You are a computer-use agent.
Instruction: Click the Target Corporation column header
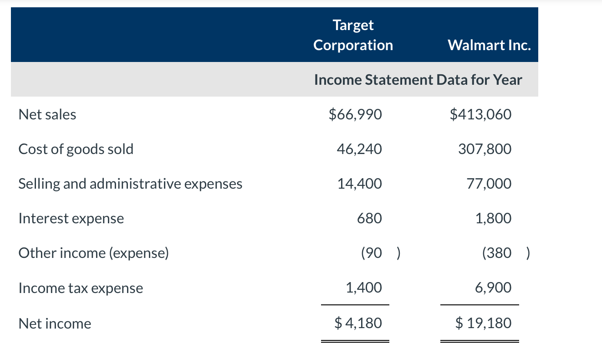pyautogui.click(x=353, y=35)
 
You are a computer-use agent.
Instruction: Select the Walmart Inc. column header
pyautogui.click(x=489, y=45)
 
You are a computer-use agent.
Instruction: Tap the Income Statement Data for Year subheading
pyautogui.click(x=418, y=80)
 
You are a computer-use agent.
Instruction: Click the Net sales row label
pyautogui.click(x=47, y=114)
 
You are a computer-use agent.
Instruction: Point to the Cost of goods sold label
pyautogui.click(x=76, y=149)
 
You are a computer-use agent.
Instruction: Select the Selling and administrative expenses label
pyautogui.click(x=130, y=184)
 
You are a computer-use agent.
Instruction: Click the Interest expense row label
pyautogui.click(x=71, y=218)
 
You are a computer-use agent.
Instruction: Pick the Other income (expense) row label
pyautogui.click(x=93, y=253)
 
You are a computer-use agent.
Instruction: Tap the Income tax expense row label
pyautogui.click(x=81, y=288)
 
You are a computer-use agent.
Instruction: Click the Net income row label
pyautogui.click(x=55, y=324)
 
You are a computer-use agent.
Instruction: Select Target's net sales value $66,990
pyautogui.click(x=355, y=114)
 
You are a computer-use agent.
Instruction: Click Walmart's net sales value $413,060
pyautogui.click(x=480, y=114)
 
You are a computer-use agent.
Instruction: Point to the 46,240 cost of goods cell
pyautogui.click(x=360, y=149)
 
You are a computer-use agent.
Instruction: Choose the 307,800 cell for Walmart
pyautogui.click(x=485, y=149)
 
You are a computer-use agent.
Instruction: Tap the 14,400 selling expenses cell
pyautogui.click(x=360, y=184)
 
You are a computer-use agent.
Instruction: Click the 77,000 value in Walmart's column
pyautogui.click(x=489, y=184)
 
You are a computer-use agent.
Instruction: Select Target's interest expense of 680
pyautogui.click(x=369, y=218)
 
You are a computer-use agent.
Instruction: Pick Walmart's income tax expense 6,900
pyautogui.click(x=493, y=288)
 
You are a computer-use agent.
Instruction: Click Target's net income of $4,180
pyautogui.click(x=358, y=324)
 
